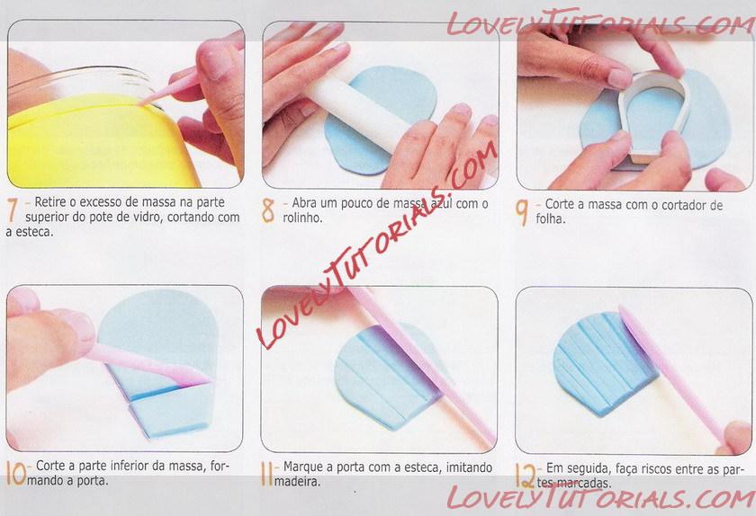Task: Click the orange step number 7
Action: tap(13, 209)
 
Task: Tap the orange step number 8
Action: tap(267, 210)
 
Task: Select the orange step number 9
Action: tap(521, 212)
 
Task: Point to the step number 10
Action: tap(16, 473)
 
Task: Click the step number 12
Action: tap(525, 476)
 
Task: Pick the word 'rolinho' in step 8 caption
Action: tap(302, 218)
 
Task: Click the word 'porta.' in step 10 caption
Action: tap(92, 480)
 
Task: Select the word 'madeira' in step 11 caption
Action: tap(298, 481)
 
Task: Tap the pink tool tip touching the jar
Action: tap(140, 102)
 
